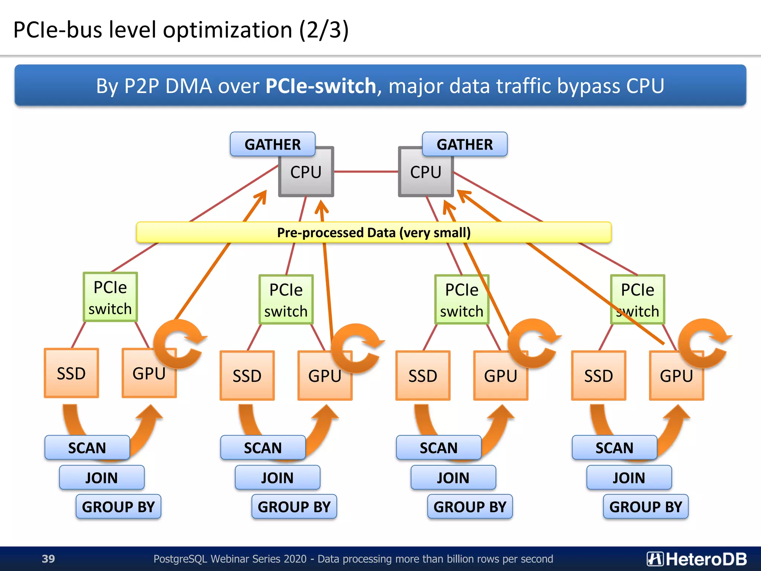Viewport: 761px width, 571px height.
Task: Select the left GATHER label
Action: (x=272, y=144)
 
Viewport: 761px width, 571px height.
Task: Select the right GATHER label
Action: (x=464, y=144)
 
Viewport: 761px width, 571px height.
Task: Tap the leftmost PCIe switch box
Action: (x=110, y=297)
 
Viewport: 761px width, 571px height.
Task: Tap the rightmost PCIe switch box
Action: (x=638, y=300)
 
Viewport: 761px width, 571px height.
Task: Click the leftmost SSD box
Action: (x=71, y=373)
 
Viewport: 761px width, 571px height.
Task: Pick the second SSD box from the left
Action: (x=247, y=376)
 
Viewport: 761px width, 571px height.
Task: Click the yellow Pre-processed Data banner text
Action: (x=374, y=233)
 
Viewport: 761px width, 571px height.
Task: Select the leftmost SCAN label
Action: (x=87, y=448)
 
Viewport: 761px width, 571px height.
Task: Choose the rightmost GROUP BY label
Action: (x=646, y=507)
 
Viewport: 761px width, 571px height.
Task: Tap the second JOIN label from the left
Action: (x=277, y=478)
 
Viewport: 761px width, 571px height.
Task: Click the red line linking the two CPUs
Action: (x=366, y=172)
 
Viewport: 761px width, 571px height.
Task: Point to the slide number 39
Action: (x=48, y=559)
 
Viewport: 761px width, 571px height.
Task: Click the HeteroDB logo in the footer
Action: (x=697, y=559)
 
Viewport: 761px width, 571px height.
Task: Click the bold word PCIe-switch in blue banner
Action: (x=321, y=86)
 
